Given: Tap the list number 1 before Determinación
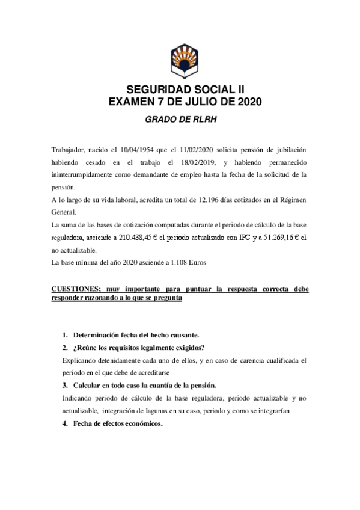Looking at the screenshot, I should [x=64, y=334].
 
